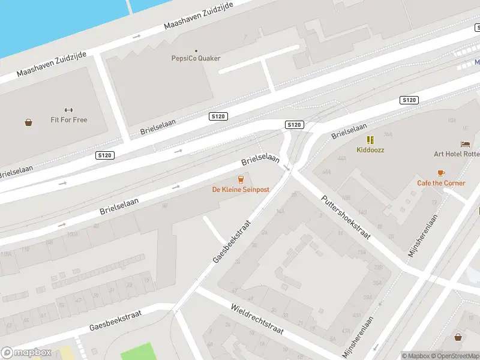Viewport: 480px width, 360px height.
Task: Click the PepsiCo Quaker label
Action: point(196,58)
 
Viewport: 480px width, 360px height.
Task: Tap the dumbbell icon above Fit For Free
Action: point(68,110)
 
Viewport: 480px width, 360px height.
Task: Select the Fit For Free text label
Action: point(68,120)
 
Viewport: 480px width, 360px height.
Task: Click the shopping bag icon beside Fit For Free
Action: point(28,122)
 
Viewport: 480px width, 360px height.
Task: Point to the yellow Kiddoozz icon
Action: point(370,140)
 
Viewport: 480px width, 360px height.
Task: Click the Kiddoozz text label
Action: point(370,149)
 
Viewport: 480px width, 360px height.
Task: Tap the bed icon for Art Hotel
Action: point(465,144)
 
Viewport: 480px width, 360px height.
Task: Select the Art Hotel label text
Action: point(457,154)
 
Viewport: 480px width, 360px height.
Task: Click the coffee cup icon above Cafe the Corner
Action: point(441,173)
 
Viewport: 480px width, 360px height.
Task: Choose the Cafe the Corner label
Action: point(441,183)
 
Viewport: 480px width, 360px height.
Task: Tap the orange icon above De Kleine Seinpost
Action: point(241,179)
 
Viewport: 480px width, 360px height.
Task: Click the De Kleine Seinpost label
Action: point(241,190)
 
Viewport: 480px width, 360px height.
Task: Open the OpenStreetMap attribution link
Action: point(454,356)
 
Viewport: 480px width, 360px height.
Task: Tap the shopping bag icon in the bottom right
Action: point(458,337)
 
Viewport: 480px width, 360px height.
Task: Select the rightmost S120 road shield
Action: point(409,100)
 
